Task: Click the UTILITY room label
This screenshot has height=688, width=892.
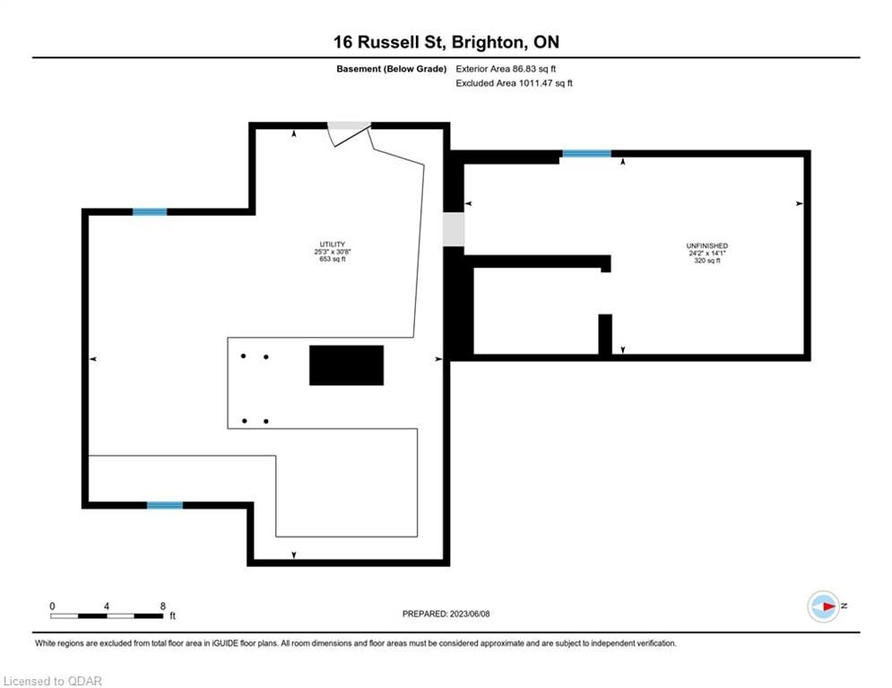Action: [333, 245]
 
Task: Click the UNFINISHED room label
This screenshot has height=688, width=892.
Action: [707, 246]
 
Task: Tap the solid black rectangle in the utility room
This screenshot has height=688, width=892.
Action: [346, 365]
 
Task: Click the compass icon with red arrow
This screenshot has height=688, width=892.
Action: [824, 606]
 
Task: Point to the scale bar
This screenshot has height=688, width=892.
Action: [107, 615]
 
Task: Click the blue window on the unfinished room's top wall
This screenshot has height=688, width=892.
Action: [586, 153]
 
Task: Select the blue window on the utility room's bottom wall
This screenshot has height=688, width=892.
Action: [165, 505]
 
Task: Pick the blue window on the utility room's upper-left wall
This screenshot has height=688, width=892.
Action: [150, 212]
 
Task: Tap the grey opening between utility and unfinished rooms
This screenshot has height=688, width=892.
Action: [454, 229]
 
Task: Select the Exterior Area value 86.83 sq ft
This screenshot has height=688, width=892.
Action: [534, 69]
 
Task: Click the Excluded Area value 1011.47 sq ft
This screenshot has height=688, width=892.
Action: [545, 83]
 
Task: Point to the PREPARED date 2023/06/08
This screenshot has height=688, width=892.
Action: [470, 614]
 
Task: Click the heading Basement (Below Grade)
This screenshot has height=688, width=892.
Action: [392, 69]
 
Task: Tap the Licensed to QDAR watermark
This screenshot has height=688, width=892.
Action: [52, 681]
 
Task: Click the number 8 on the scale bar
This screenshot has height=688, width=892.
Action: [162, 606]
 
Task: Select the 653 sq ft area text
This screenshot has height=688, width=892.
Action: [333, 259]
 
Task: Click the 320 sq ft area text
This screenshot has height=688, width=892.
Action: [707, 261]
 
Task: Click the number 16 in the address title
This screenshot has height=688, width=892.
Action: [343, 42]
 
